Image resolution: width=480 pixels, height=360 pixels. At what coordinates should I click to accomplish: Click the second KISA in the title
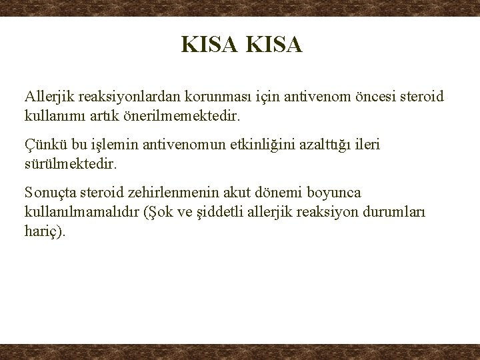274,45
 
